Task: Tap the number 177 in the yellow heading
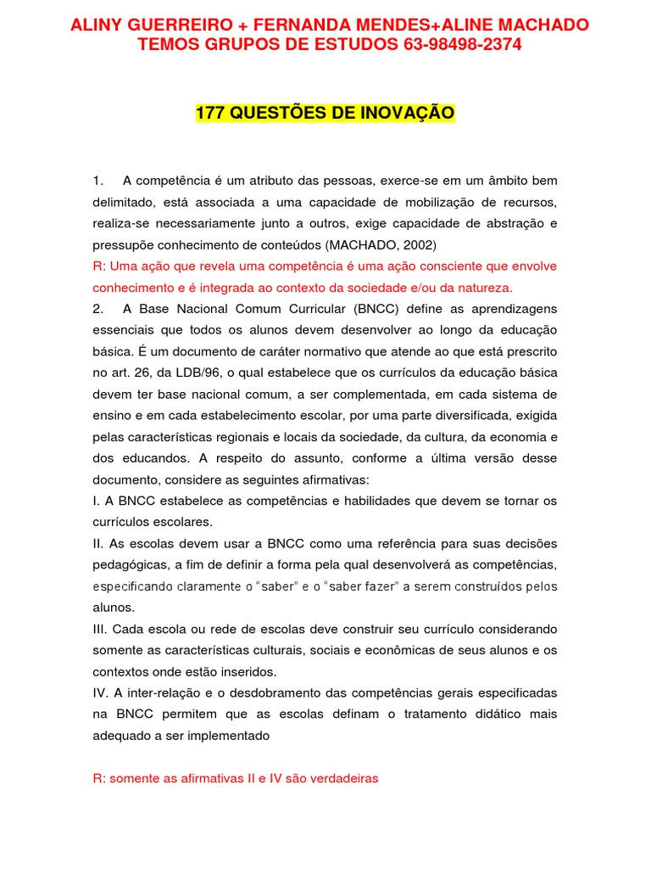209,114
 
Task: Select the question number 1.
98,181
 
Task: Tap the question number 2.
98,308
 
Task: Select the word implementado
230,736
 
